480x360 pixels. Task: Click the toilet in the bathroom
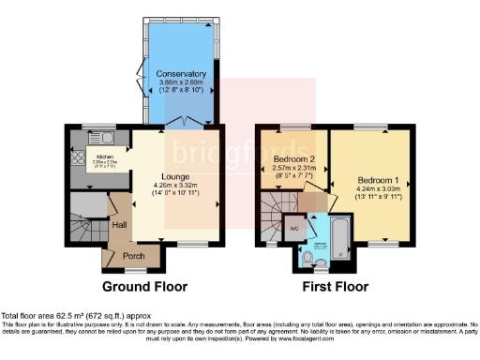(x=310, y=256)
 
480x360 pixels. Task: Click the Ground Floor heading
(x=144, y=286)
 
